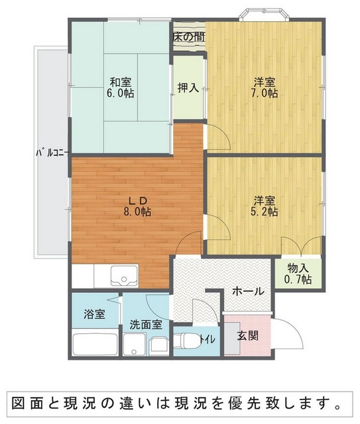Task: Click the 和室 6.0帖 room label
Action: (121, 87)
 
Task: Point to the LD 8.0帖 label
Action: (137, 206)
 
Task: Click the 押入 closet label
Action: (188, 87)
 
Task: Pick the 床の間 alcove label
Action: (189, 37)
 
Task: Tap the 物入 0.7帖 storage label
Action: (298, 274)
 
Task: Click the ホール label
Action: (248, 291)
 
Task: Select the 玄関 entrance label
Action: (248, 336)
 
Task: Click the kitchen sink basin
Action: (124, 276)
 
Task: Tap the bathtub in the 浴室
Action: (95, 344)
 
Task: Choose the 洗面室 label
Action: (146, 325)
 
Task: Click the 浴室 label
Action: (94, 314)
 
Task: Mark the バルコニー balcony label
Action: (53, 153)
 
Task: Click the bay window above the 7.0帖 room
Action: (264, 14)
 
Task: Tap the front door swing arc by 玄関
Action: (291, 331)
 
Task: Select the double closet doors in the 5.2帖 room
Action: (302, 246)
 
